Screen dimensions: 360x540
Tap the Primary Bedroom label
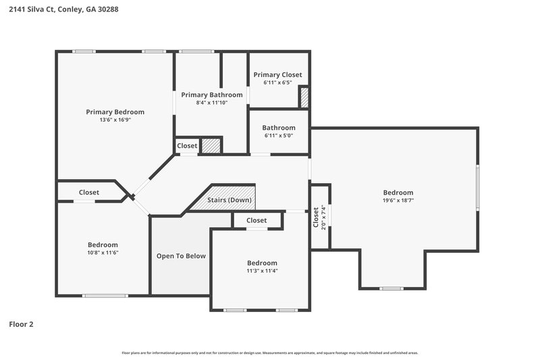[x=115, y=112]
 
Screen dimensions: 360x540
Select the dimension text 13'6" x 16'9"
[x=115, y=120]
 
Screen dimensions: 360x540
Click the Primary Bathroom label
[x=211, y=95]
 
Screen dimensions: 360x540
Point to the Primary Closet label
[x=277, y=75]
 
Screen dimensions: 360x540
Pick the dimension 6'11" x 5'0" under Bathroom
[x=279, y=136]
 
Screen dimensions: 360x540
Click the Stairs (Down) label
[x=230, y=201]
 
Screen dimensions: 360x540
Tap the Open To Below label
[x=181, y=256]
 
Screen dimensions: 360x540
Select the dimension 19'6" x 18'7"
[x=398, y=201]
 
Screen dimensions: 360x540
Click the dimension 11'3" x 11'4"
[x=262, y=271]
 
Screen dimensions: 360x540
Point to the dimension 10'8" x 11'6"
[x=103, y=253]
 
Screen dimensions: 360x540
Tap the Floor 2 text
[x=21, y=324]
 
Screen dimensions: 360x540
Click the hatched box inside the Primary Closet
[x=304, y=97]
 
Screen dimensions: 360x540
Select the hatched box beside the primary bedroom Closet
[x=211, y=146]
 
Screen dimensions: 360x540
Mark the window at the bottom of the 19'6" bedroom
[x=391, y=288]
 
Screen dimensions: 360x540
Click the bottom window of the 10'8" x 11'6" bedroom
[x=105, y=295]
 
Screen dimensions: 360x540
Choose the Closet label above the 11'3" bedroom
[x=256, y=220]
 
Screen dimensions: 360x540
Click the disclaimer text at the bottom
[x=269, y=353]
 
